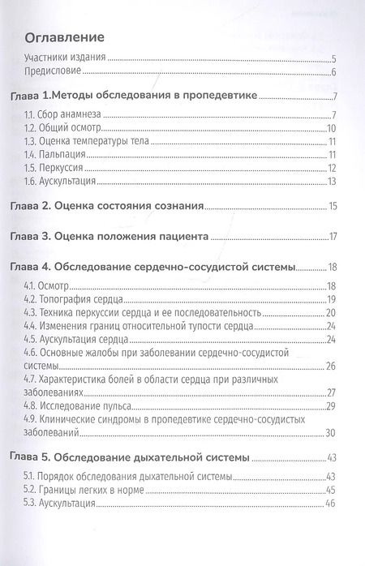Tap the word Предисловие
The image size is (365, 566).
56,73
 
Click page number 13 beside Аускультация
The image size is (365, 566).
332,181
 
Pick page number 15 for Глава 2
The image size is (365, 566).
332,208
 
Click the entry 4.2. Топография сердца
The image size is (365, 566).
82,299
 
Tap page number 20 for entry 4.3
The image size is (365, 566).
331,313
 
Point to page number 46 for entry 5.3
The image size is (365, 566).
331,504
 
